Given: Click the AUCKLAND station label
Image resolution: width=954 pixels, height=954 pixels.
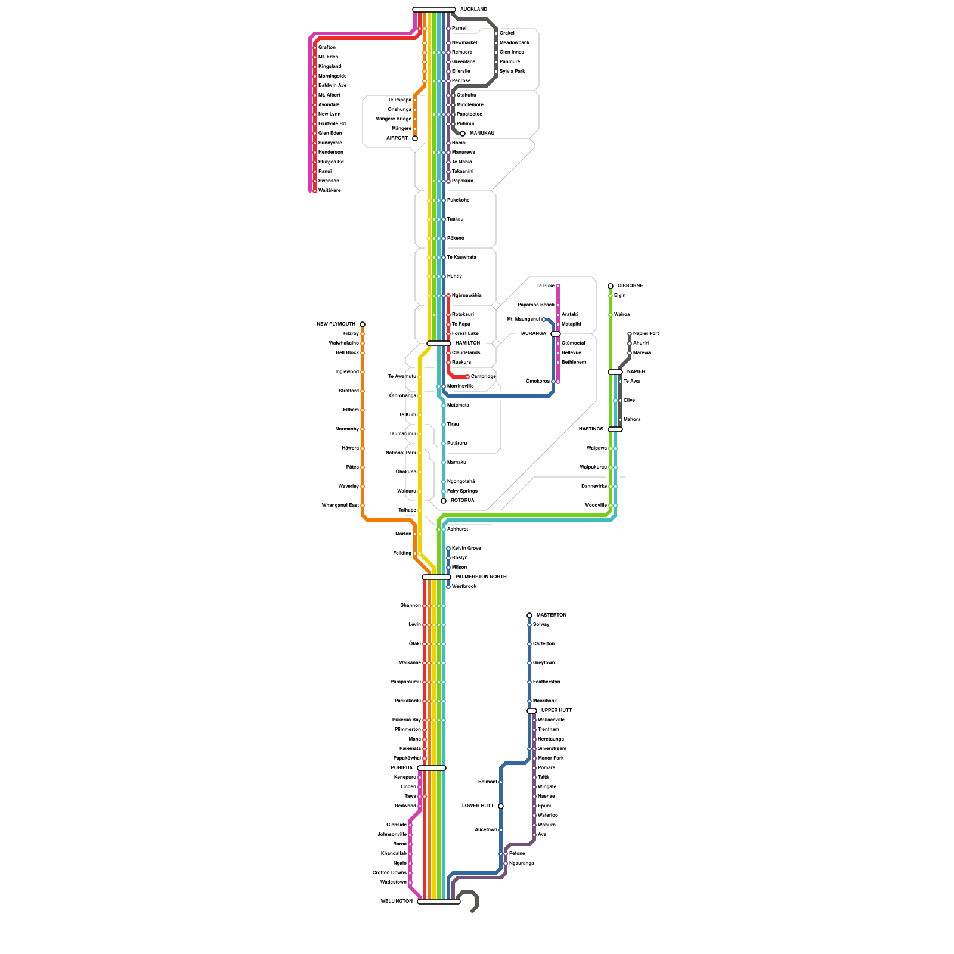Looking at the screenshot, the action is click(x=473, y=10).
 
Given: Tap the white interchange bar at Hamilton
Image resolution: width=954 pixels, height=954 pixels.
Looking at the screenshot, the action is click(x=438, y=343).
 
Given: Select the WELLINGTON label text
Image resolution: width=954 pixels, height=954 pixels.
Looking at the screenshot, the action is click(x=397, y=901).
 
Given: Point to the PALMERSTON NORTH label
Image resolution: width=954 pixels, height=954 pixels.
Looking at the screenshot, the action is click(x=481, y=577).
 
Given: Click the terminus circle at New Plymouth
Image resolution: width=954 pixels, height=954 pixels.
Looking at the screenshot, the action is click(x=363, y=324).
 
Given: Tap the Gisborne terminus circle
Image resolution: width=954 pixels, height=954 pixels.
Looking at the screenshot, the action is click(x=611, y=286).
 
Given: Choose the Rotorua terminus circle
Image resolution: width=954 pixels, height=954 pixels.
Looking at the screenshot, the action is click(x=444, y=501).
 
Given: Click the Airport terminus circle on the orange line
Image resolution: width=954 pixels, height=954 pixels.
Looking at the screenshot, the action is click(x=415, y=138).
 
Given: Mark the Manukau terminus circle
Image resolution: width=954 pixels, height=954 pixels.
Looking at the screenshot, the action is click(x=463, y=134).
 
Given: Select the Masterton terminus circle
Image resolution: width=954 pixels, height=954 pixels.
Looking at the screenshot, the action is click(x=529, y=615).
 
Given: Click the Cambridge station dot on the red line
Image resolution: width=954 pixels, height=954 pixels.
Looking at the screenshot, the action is click(x=467, y=377).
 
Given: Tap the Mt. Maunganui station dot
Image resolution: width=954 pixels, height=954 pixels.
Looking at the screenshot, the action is click(x=544, y=320).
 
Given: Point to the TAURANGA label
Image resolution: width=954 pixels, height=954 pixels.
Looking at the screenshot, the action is click(x=532, y=334).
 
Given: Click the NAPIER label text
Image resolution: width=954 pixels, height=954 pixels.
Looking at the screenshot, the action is click(x=636, y=371).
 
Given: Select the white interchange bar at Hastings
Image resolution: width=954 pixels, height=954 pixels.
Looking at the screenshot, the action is click(x=615, y=429).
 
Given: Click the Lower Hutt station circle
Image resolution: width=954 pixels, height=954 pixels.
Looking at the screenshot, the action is click(x=501, y=806).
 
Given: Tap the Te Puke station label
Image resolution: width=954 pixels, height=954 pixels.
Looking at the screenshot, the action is click(x=545, y=286).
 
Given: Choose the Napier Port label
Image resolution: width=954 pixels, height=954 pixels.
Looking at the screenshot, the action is click(x=646, y=334).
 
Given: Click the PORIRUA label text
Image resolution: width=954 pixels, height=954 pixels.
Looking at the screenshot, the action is click(x=402, y=767).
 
